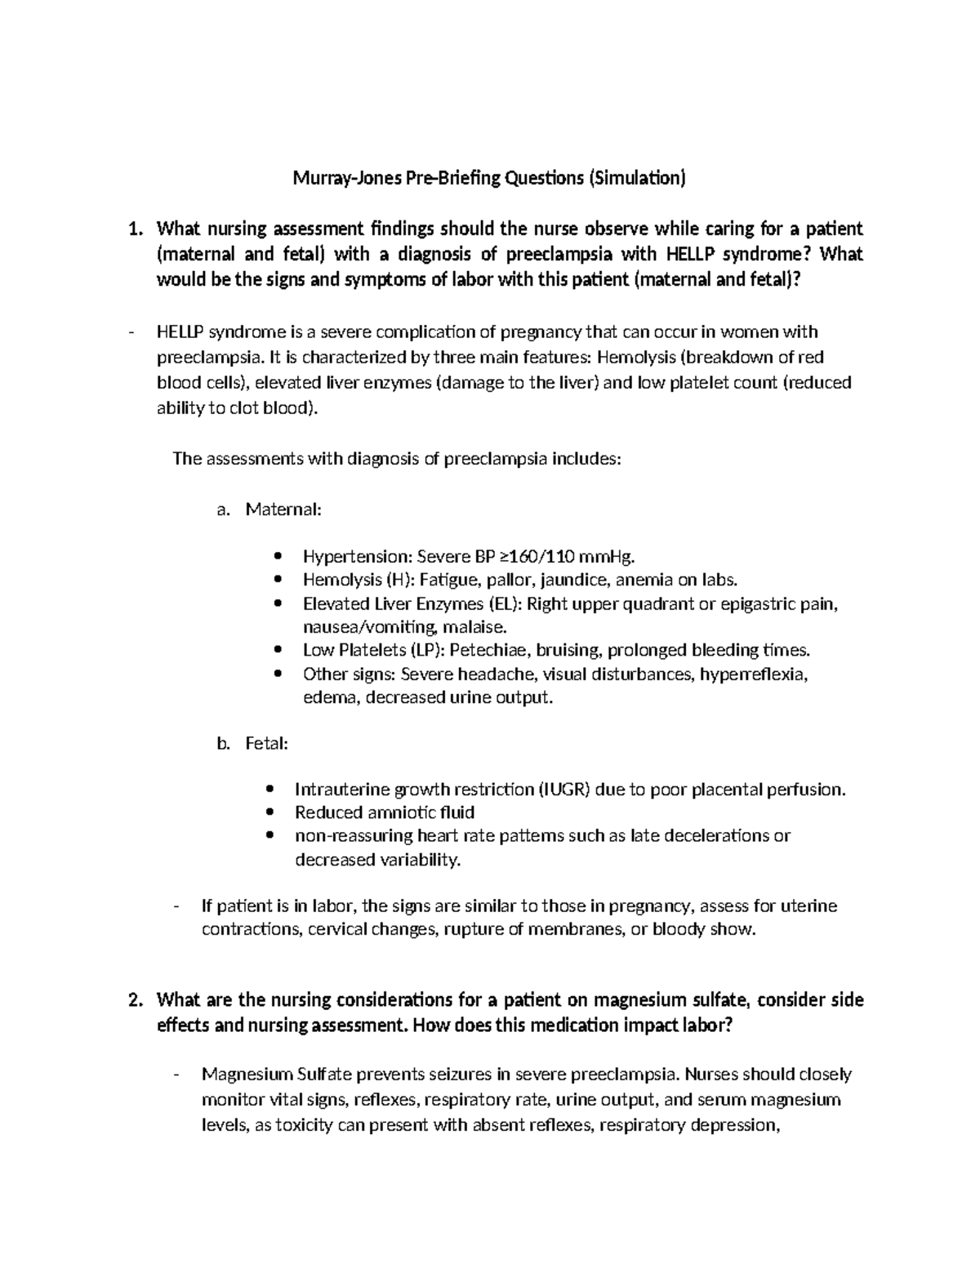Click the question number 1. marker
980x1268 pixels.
coord(136,229)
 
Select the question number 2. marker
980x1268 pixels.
coord(136,1000)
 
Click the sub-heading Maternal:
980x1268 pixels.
coord(284,509)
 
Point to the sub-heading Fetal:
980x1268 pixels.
coord(266,744)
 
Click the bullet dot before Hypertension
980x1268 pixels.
coord(279,557)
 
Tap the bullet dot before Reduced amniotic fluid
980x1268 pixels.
coord(270,812)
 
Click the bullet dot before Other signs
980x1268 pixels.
coord(279,674)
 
